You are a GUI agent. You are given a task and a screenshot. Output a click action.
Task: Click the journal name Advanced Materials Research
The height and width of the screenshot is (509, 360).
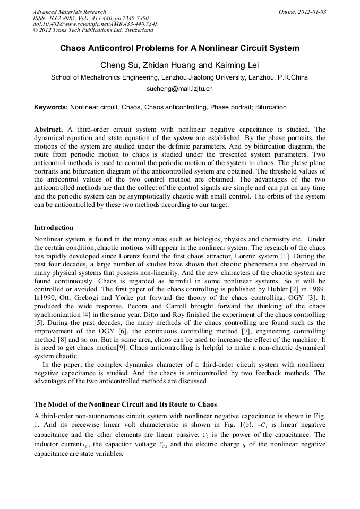click(x=69, y=12)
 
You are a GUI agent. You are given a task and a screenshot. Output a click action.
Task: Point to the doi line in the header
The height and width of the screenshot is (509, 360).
click(x=95, y=24)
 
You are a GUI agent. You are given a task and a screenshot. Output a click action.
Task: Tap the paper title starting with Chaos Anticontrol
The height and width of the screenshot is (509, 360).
click(x=179, y=48)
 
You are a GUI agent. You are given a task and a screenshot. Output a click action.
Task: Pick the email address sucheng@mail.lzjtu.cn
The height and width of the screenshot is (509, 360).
click(x=179, y=89)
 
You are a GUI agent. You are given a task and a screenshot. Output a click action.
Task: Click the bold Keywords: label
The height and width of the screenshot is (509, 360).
click(x=51, y=107)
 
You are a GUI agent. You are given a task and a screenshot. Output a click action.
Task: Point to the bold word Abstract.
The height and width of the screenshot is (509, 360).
click(x=48, y=130)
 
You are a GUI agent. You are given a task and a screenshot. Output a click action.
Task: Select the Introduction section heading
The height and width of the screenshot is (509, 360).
click(x=54, y=228)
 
